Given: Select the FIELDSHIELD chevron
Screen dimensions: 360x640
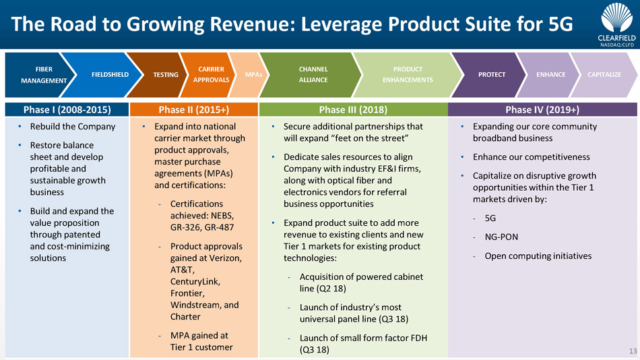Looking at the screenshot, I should [110, 74].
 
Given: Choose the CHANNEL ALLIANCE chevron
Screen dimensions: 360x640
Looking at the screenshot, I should [313, 74].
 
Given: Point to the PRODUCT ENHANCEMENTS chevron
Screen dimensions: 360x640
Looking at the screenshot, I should [408, 74].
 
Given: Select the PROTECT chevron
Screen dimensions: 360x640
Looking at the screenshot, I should [491, 74].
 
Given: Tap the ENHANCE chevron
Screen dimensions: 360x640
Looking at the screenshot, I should [550, 74].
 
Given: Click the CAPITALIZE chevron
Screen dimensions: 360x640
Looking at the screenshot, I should [604, 74].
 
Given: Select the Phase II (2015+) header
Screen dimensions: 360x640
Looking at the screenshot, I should [193, 109].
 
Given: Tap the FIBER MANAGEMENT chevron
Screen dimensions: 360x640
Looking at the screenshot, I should [43, 74].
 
